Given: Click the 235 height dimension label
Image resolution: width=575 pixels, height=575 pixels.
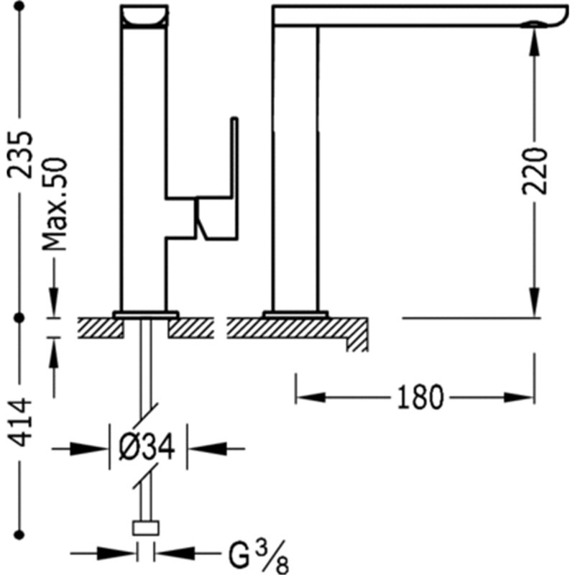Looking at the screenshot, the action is (x=21, y=155).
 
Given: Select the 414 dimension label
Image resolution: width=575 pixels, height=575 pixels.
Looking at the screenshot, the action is (x=21, y=422).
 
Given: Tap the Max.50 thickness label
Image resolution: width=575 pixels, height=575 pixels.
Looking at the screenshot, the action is (x=55, y=204).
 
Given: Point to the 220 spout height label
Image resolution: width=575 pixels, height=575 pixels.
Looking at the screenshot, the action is (x=534, y=171).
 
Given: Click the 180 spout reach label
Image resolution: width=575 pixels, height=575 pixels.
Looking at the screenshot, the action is (x=420, y=397).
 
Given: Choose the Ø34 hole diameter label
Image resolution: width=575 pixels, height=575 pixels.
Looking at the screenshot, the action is (x=147, y=447).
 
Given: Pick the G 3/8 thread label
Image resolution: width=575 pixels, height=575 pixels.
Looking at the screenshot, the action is (x=259, y=558).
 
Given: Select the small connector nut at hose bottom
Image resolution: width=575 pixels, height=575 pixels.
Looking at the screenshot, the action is (x=146, y=528).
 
